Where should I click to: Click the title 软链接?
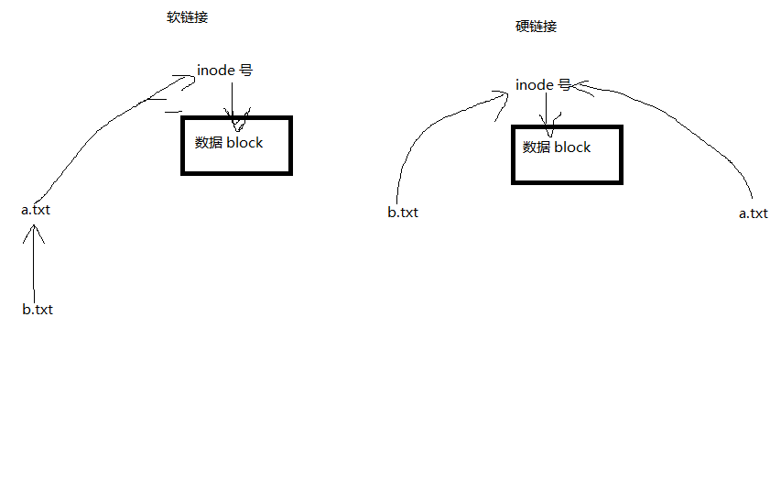click(x=188, y=17)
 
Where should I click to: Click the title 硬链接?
click(x=536, y=27)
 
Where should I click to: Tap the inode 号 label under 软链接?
click(x=224, y=71)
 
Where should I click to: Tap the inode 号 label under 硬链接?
click(x=543, y=84)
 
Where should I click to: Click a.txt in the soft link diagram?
click(x=36, y=210)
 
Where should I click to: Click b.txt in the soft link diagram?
click(x=38, y=310)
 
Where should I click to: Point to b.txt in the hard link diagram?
click(x=403, y=213)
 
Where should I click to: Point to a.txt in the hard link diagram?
click(x=754, y=213)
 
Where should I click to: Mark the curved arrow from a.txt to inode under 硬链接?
click(x=678, y=120)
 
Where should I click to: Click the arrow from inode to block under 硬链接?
click(x=547, y=115)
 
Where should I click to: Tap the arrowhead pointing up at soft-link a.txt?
click(x=34, y=234)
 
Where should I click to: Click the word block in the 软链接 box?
click(x=244, y=143)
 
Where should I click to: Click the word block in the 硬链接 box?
click(x=572, y=147)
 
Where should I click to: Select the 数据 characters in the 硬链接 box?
click(x=537, y=147)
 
